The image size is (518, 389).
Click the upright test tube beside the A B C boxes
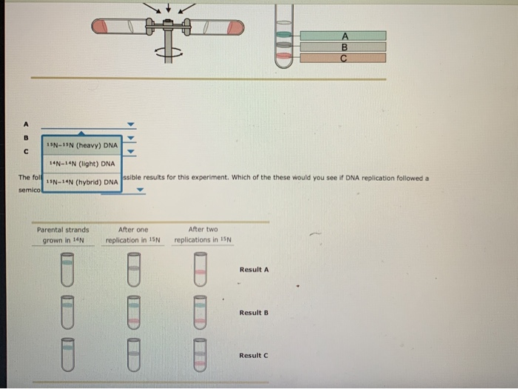click(x=283, y=37)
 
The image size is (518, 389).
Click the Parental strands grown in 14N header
click(x=64, y=235)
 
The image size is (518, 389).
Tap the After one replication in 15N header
click(x=133, y=235)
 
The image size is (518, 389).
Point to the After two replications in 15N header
click(x=203, y=235)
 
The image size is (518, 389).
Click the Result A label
click(x=254, y=270)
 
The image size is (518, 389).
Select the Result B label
click(x=254, y=313)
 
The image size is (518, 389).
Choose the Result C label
click(x=254, y=356)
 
